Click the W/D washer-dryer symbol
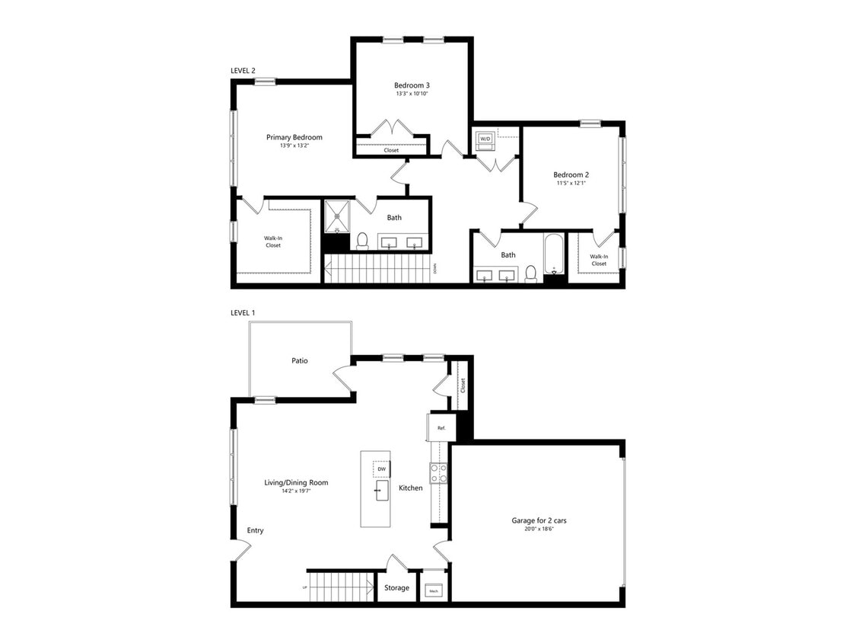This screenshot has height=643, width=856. (x=485, y=139)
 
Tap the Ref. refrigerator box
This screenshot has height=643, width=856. (x=441, y=428)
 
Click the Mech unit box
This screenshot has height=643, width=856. (x=434, y=590)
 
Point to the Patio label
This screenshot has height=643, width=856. (x=299, y=360)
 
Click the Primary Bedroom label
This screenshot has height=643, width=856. (x=294, y=137)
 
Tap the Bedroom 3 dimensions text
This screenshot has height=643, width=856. (x=412, y=94)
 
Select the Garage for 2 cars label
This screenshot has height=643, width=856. (x=539, y=521)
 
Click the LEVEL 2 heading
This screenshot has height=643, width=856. (x=243, y=70)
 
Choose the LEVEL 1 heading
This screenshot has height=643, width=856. (x=243, y=313)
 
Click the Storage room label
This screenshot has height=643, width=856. (x=396, y=587)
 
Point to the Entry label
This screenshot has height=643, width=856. (x=255, y=530)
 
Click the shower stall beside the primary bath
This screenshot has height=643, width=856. (x=337, y=216)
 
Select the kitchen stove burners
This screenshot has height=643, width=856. (x=438, y=474)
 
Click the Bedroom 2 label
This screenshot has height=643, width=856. (x=571, y=174)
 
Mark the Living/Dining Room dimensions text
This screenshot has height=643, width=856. (x=296, y=491)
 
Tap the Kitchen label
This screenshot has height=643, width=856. (x=410, y=488)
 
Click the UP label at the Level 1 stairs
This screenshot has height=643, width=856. (x=304, y=587)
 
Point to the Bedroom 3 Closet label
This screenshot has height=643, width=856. (x=391, y=150)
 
